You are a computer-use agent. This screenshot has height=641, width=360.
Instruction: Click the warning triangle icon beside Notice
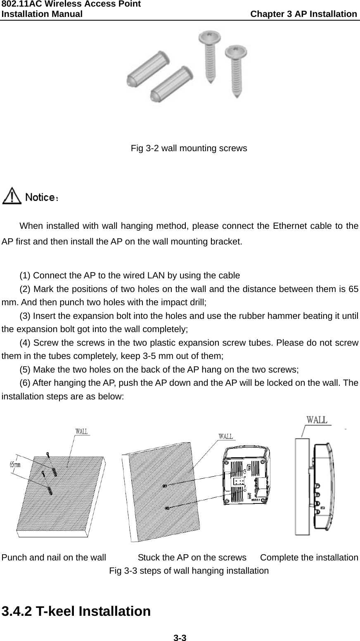coord(12,195)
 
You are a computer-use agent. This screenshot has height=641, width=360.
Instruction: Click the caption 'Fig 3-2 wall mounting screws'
coord(189,148)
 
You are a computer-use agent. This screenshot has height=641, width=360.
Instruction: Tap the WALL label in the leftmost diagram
coord(81,432)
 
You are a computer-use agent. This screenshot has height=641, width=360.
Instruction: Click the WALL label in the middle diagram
coord(225,436)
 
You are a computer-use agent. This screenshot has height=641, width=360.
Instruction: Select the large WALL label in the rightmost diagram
coord(317,420)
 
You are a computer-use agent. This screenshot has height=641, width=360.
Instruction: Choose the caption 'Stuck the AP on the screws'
coord(192,558)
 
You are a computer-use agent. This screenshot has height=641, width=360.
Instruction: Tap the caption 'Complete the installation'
coord(309,558)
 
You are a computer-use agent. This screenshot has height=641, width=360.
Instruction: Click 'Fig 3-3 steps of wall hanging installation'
coord(189,571)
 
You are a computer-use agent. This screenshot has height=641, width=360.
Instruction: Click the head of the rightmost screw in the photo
coord(235,52)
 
